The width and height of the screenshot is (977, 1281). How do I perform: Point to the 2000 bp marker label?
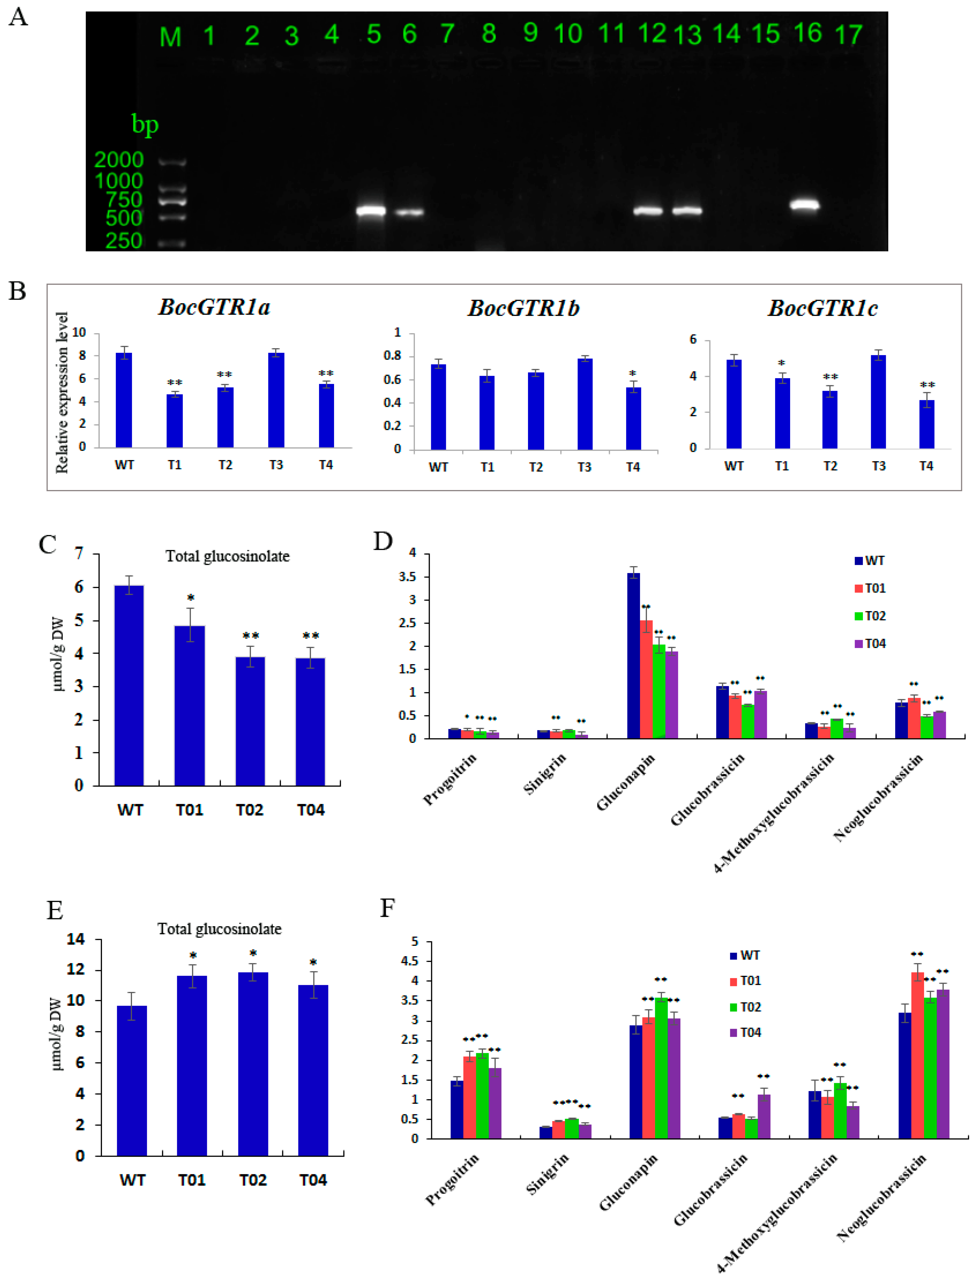click(x=119, y=160)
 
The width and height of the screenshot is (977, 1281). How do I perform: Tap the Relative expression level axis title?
click(x=62, y=392)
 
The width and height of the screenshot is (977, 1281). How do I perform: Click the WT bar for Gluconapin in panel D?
click(x=633, y=656)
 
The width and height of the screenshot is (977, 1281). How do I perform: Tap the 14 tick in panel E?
click(x=76, y=939)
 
